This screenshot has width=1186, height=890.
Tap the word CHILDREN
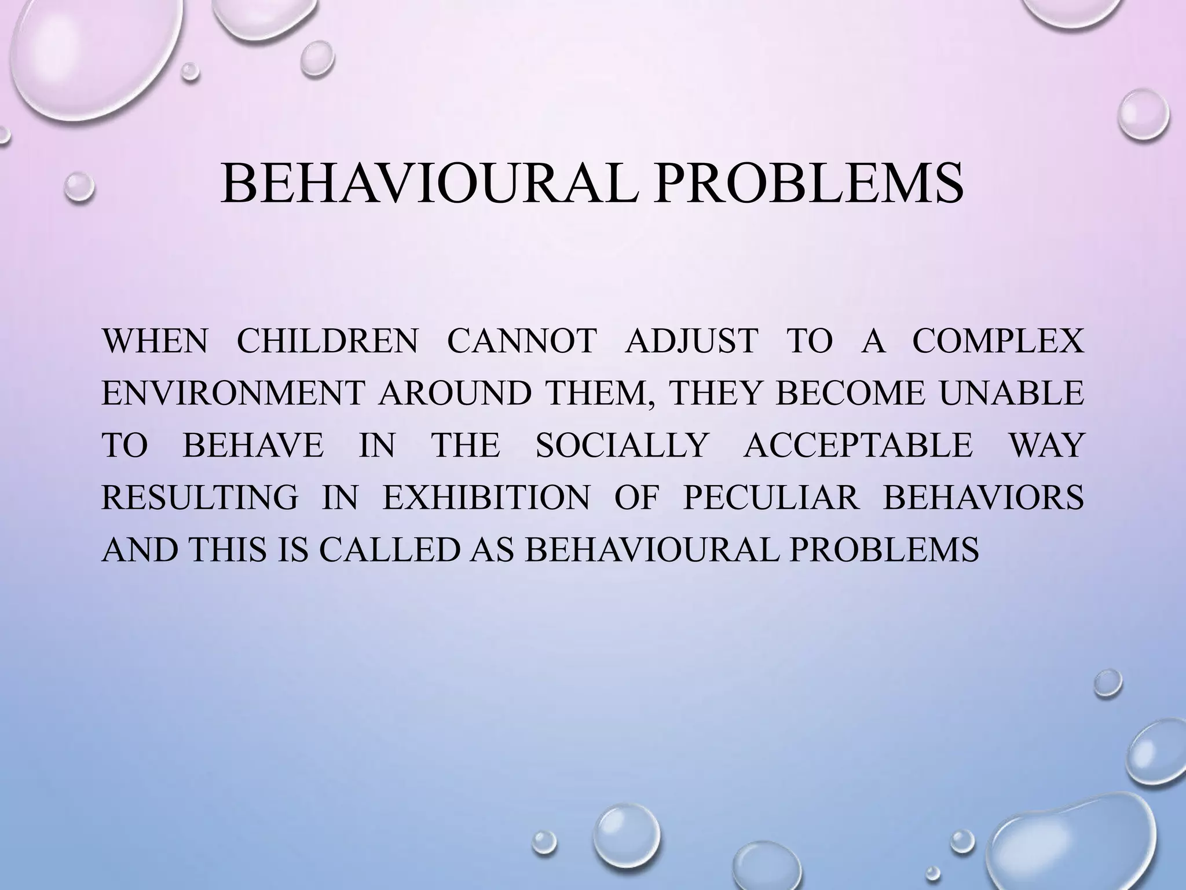[327, 341]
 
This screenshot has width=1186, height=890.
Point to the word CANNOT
[521, 341]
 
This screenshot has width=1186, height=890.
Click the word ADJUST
[691, 341]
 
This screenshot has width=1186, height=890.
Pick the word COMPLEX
[997, 341]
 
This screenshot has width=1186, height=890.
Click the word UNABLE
[1011, 393]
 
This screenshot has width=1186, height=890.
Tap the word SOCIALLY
[622, 445]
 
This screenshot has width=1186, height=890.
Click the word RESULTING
[200, 497]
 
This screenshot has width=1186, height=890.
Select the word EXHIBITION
[486, 497]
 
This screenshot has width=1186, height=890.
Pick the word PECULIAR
[771, 497]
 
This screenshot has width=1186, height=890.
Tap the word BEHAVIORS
[983, 497]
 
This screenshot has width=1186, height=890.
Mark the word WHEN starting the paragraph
[155, 341]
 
